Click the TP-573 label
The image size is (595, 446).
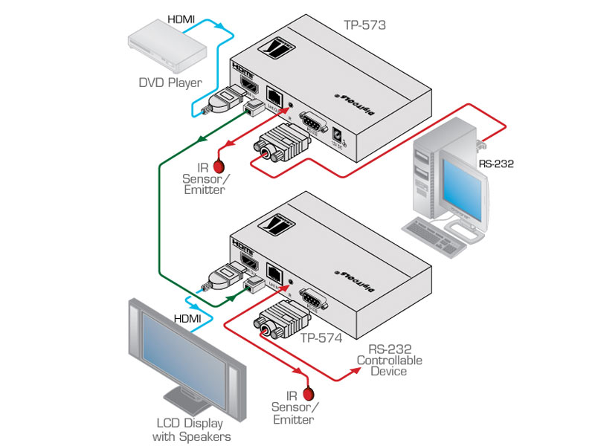tap(364, 25)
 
